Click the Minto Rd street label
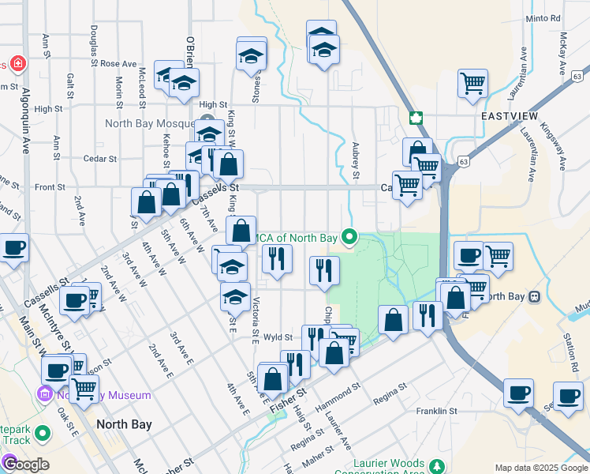tap(543, 18)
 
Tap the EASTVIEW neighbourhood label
tap(509, 116)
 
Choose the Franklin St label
tap(436, 411)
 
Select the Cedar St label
tap(100, 158)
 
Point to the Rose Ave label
tap(118, 63)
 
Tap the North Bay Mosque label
tap(149, 124)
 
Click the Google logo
tap(25, 463)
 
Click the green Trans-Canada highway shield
tap(416, 118)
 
